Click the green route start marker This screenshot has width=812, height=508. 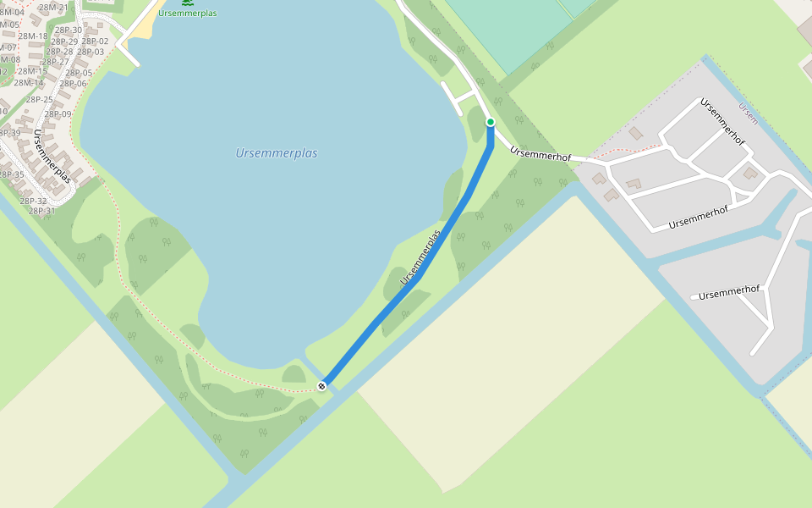click(490, 123)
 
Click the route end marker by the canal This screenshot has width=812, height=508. click(321, 386)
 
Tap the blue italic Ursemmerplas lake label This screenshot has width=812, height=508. click(277, 153)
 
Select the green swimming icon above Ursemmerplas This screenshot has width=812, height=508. click(186, 3)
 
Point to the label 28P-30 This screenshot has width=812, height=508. click(67, 30)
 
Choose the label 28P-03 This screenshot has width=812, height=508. click(91, 52)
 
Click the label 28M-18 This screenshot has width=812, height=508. click(33, 36)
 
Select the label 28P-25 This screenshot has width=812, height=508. click(39, 100)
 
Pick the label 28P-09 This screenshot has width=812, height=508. click(58, 114)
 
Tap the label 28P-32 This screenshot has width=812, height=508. click(33, 202)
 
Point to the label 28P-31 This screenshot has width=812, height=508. click(42, 212)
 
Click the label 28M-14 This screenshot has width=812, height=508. click(28, 83)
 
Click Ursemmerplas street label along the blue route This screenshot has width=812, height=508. click(421, 256)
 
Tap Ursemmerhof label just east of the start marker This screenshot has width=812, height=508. click(541, 155)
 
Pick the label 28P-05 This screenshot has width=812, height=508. click(79, 73)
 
